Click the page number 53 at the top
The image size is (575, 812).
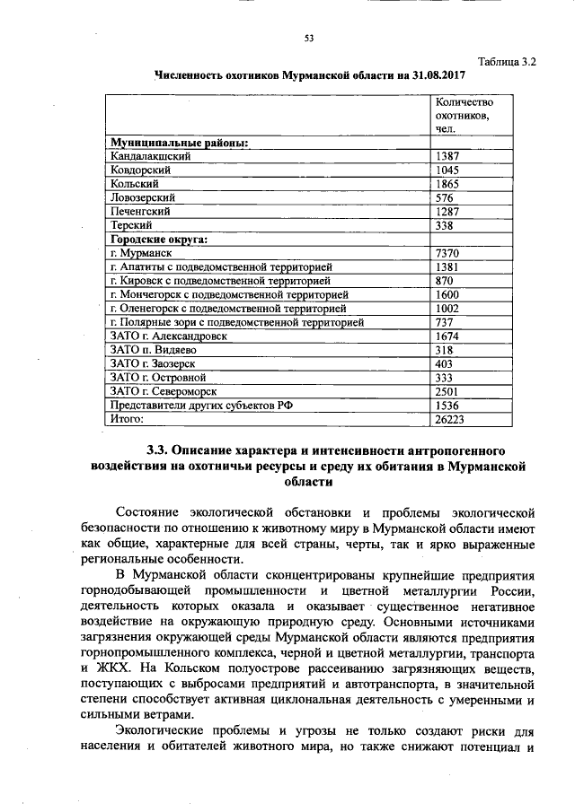pyautogui.click(x=308, y=39)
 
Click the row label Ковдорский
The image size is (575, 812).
pyautogui.click(x=140, y=169)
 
